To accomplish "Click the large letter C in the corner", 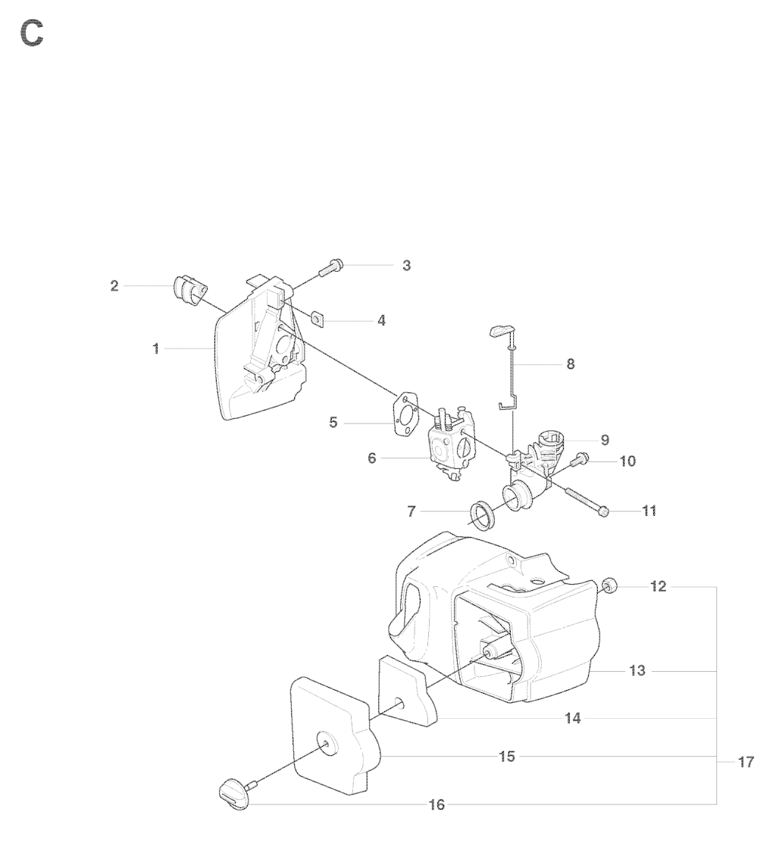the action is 32,34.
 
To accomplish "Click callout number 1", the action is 156,349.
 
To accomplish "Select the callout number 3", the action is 406,265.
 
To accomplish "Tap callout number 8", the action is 571,364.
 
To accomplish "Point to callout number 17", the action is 746,762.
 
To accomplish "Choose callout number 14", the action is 573,718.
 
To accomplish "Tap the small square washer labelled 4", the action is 318,318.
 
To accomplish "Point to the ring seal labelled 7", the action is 483,512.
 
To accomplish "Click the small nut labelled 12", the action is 609,586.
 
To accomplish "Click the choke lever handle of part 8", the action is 501,331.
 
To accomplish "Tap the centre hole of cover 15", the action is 326,742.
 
